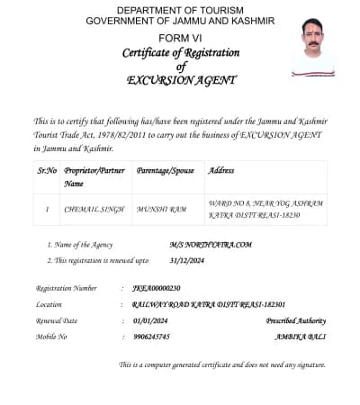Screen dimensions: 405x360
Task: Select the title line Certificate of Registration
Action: (x=180, y=53)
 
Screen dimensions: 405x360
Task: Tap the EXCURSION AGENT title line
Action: (x=181, y=80)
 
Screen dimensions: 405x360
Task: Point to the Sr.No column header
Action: (x=47, y=170)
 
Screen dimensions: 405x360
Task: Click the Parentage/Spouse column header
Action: (x=166, y=170)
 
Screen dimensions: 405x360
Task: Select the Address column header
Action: (x=221, y=170)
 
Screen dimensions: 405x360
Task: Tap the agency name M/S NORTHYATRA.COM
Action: (x=211, y=245)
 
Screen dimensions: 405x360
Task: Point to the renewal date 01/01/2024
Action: (x=149, y=320)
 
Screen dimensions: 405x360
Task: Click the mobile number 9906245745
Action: (x=150, y=337)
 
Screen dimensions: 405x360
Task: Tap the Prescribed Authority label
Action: (x=295, y=320)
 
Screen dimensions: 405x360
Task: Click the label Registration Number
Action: (x=67, y=289)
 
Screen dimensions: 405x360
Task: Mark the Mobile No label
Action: (x=51, y=337)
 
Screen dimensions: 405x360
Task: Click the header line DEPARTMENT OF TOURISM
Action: (x=180, y=8)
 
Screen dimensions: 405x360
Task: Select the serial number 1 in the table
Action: (x=47, y=209)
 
